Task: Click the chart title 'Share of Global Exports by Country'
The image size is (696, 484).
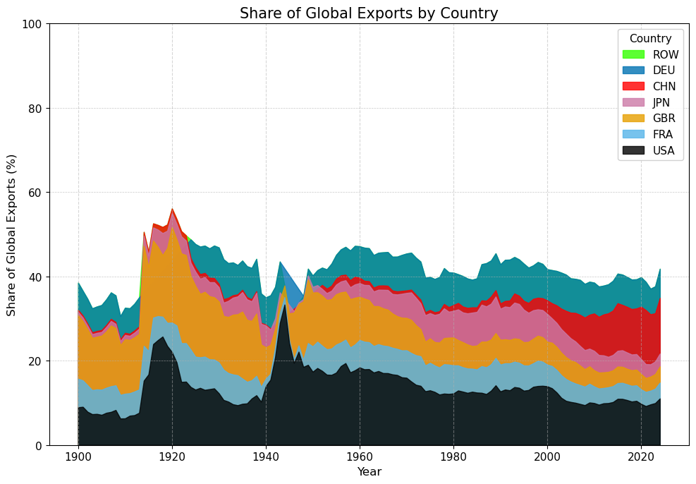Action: point(369,13)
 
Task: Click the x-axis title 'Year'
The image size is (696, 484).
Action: point(369,471)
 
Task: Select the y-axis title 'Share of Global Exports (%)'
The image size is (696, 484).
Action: point(11,234)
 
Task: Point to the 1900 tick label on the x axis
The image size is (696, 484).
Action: point(78,456)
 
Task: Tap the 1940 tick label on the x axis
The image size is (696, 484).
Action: point(266,456)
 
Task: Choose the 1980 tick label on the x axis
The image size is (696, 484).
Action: point(453,456)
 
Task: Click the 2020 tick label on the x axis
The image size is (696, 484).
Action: point(641,456)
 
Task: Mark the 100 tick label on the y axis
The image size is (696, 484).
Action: point(34,24)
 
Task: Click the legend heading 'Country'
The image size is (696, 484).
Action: point(650,39)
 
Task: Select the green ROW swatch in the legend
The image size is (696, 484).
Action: point(634,54)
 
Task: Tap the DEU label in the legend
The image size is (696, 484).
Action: point(664,71)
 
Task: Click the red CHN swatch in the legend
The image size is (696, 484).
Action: point(634,87)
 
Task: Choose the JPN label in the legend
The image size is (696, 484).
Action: point(664,102)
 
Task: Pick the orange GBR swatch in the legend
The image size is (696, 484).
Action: point(634,119)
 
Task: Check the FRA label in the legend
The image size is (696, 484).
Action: point(664,134)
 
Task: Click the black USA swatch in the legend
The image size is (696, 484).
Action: point(634,150)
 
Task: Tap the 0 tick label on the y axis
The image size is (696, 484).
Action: point(39,445)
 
